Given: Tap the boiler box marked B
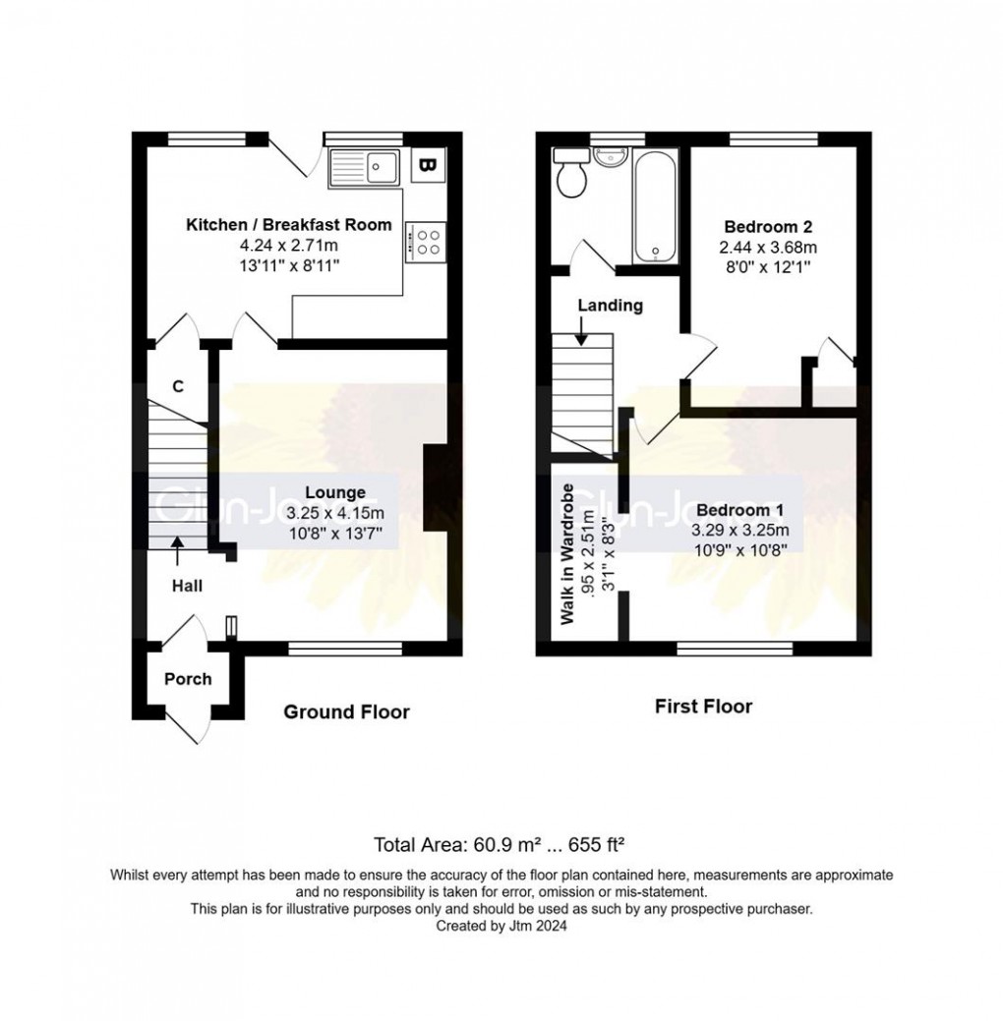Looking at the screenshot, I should point(427,165).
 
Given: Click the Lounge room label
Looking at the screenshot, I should point(335,492).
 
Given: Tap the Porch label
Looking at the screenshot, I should point(188,678).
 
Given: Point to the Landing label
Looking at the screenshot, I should point(610,305).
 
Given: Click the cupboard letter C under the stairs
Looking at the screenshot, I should point(178,386).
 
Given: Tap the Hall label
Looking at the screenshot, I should point(187,586).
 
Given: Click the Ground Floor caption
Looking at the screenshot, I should point(346,711).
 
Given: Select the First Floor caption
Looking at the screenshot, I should point(703,706).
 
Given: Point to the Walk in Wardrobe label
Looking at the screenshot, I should point(567,553).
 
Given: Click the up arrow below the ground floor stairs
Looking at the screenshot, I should point(178,550).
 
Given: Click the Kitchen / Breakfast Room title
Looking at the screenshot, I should point(289,225).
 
